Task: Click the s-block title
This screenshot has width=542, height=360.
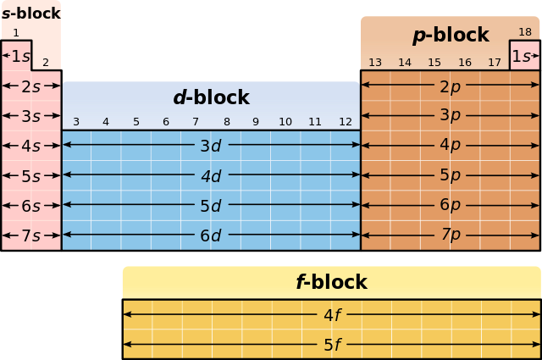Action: tap(30, 14)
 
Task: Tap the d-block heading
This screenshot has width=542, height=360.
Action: tap(211, 97)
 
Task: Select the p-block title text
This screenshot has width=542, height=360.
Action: tap(451, 35)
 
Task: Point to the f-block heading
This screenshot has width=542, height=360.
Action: tap(331, 282)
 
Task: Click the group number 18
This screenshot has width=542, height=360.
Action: tap(525, 32)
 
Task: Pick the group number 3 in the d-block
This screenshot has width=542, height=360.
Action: tap(76, 122)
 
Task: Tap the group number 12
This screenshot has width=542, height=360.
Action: tap(346, 122)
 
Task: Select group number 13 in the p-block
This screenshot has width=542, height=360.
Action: tap(375, 63)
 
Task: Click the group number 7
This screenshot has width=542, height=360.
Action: tap(196, 122)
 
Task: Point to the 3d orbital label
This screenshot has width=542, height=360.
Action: tap(211, 146)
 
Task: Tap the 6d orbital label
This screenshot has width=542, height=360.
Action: tap(211, 235)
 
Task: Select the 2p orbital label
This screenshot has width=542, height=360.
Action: tap(451, 86)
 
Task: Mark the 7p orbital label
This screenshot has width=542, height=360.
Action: tap(451, 234)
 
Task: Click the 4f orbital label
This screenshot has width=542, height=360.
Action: tap(332, 315)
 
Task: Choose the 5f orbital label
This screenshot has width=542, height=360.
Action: tap(332, 345)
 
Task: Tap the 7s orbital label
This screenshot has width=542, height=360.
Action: tap(31, 235)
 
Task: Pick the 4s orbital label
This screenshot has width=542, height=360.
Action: tap(31, 146)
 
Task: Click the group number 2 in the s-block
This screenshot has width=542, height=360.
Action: tap(46, 63)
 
